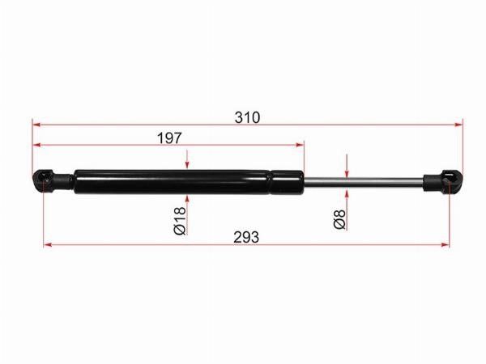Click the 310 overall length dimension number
point(247,117)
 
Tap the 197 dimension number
point(169,138)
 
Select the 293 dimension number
point(246,237)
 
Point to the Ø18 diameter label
point(180,221)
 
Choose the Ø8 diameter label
point(339,219)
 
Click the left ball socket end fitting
point(53,182)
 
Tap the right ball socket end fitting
point(443,182)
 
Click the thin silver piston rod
point(364,182)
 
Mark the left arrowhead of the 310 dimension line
point(36,125)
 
